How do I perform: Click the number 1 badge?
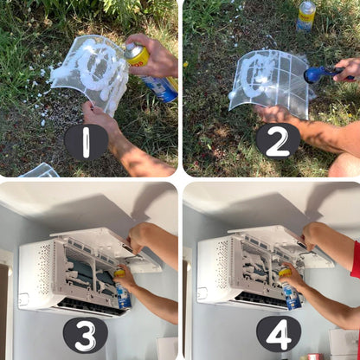86,142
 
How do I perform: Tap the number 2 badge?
278,142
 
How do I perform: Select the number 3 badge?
86,336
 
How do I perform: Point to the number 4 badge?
279,335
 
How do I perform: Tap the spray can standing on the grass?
305,16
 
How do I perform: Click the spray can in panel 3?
123,289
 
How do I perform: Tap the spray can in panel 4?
290,289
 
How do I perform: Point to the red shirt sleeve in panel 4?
356,260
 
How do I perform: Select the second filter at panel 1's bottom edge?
39,170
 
